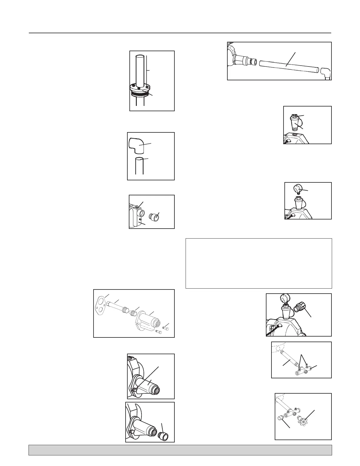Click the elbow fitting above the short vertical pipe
pos(137,146)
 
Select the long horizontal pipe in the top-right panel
pos(288,67)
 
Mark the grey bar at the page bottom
pos(180,450)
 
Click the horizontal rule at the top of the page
pos(180,33)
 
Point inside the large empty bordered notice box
pos(259,263)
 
